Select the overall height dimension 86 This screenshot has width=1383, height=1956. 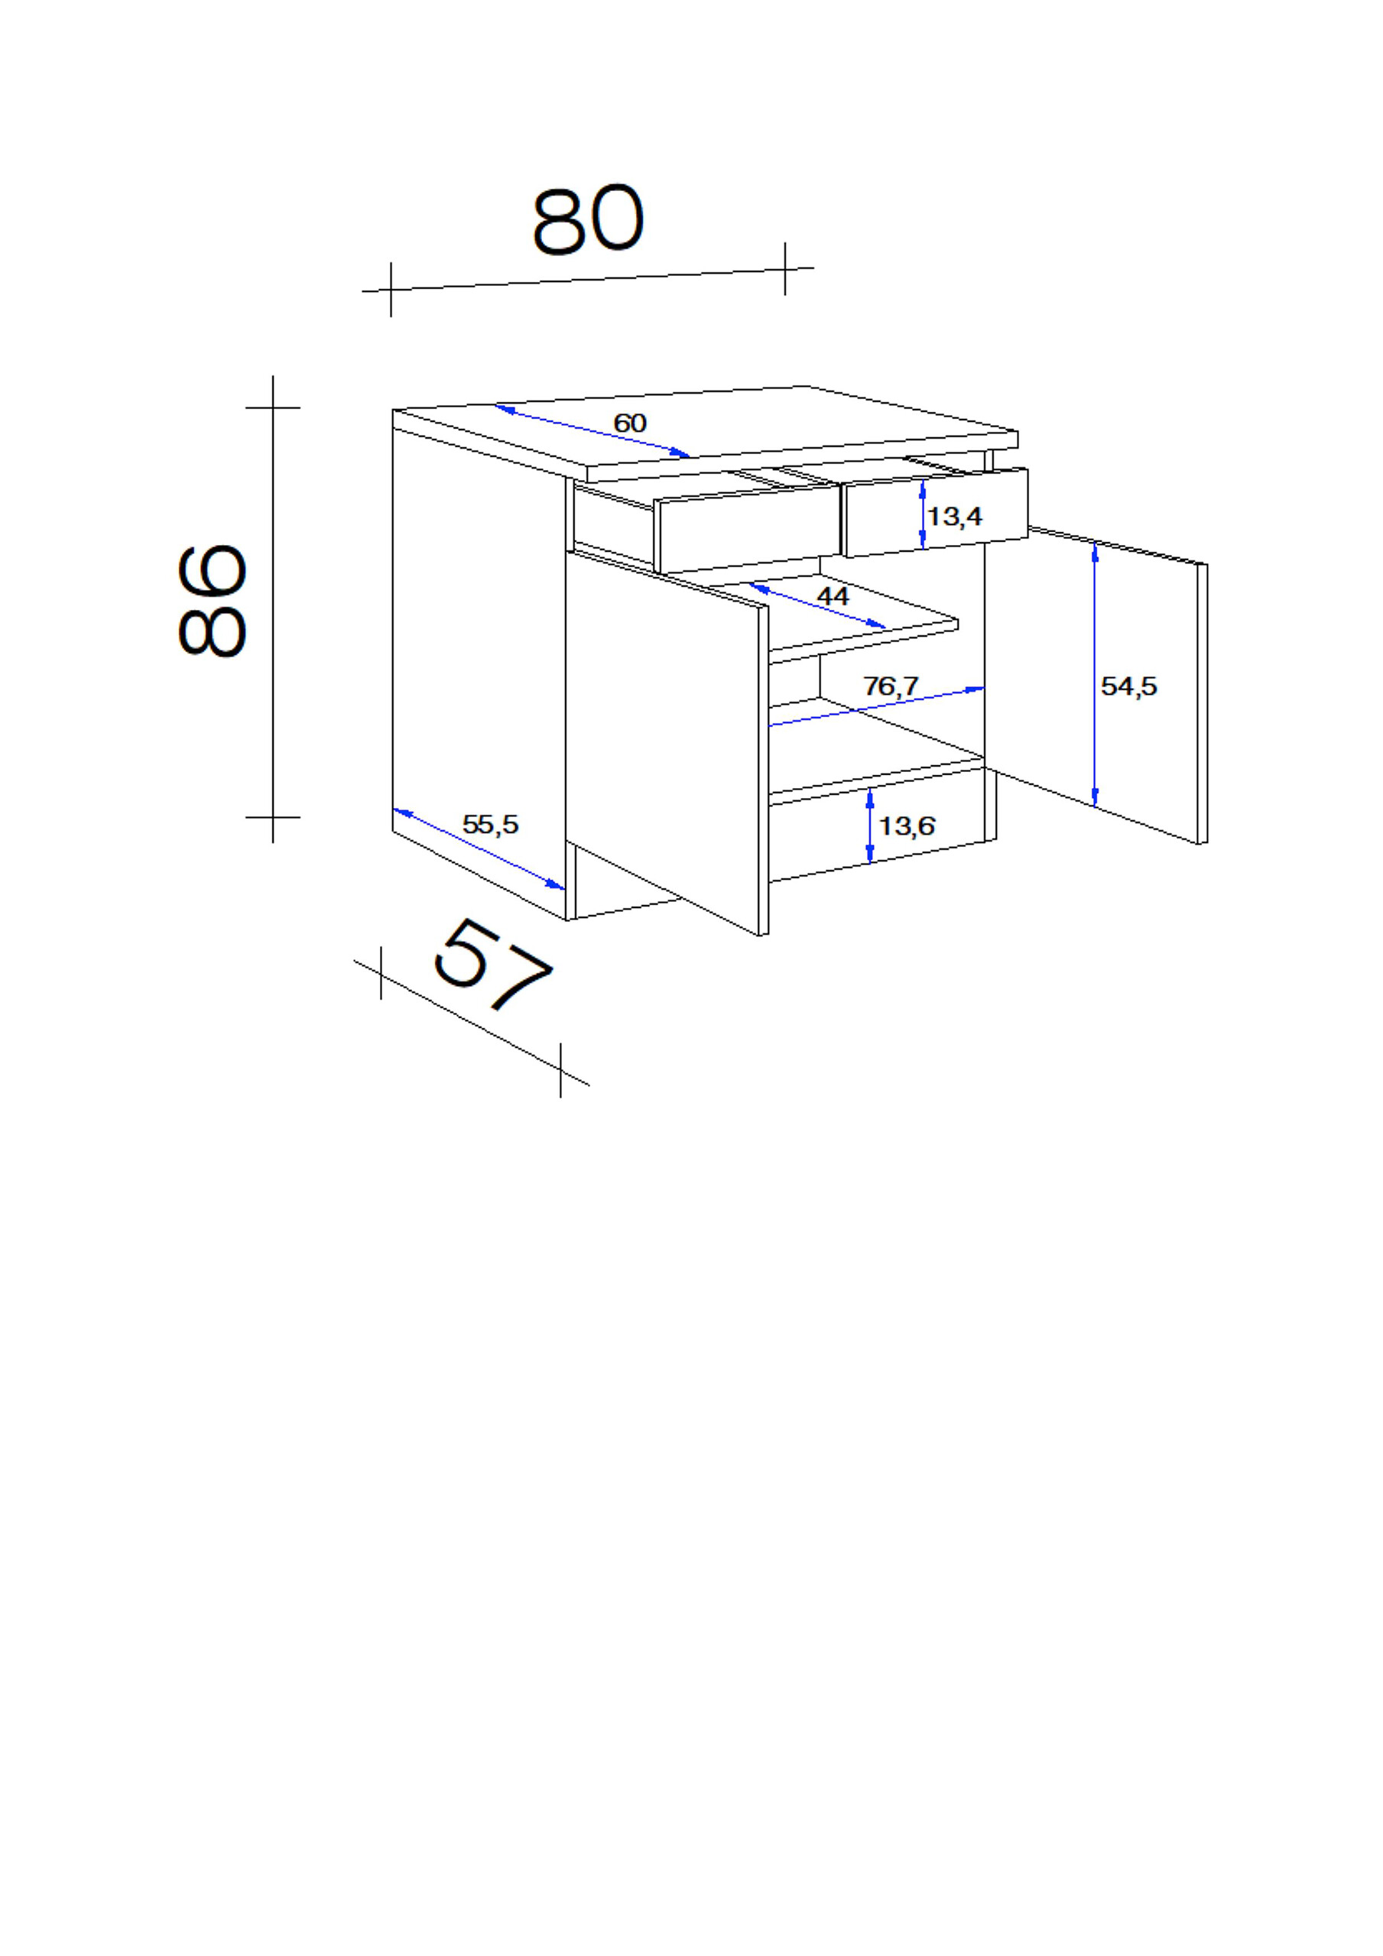point(213,600)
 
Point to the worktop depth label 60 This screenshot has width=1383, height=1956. point(630,423)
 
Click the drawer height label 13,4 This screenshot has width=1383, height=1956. point(954,516)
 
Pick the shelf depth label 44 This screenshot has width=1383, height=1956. point(833,595)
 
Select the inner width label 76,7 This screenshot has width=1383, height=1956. point(891,686)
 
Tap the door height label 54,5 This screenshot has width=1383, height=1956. point(1128,686)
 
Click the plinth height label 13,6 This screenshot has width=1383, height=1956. point(907,826)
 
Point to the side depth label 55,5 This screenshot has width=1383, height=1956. point(490,824)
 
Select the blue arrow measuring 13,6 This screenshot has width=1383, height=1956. point(869,825)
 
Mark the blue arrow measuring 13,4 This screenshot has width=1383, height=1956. point(923,514)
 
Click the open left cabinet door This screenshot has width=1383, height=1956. point(664,750)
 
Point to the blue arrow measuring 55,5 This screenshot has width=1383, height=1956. point(478,848)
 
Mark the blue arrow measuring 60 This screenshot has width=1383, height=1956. point(592,431)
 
